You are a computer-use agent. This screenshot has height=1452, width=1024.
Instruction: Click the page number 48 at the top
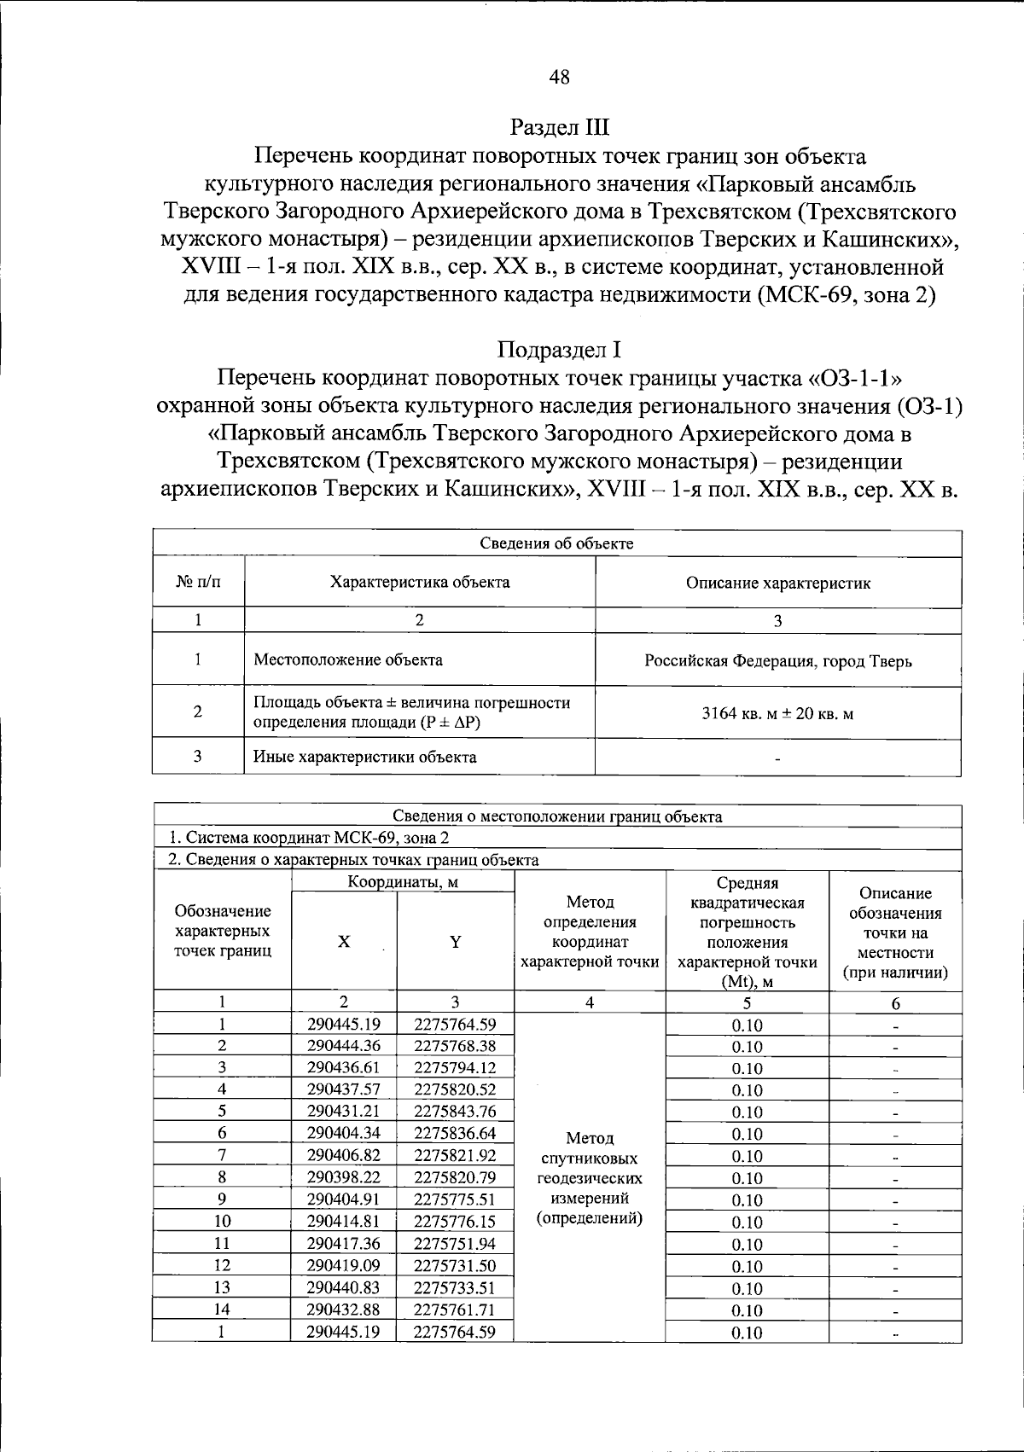coord(559,78)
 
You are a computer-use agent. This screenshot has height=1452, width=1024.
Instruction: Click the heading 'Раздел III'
coord(559,128)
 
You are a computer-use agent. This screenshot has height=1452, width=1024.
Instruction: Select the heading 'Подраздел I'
coord(559,350)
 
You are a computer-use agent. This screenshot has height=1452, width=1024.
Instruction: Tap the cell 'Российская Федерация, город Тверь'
coord(777,661)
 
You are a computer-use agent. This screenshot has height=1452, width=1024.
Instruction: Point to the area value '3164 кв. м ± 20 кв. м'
coord(777,713)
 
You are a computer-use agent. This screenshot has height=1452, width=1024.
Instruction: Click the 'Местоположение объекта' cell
coord(348,659)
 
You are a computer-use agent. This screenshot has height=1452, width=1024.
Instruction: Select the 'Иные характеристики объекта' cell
coord(365,757)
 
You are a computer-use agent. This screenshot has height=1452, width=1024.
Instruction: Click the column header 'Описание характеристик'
coord(777,584)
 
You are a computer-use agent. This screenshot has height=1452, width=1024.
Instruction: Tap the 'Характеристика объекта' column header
coord(420,583)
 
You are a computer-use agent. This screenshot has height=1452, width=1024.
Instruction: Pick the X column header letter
coord(343,942)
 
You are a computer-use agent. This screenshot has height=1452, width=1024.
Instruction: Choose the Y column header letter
coord(455,942)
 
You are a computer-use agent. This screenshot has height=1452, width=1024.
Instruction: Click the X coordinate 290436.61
coord(343,1067)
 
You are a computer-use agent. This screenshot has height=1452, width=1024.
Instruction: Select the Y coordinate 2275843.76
coord(455,1111)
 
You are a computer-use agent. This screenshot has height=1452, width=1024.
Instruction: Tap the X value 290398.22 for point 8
coord(343,1177)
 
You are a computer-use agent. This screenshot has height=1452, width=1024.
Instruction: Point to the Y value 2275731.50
coord(455,1265)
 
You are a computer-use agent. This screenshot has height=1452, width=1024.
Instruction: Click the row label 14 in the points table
coord(222,1309)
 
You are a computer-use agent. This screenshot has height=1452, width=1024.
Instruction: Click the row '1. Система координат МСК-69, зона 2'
coord(308,838)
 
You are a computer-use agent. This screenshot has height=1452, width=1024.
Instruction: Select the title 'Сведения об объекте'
coord(556,543)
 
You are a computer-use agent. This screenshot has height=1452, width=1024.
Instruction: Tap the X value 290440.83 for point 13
coord(343,1287)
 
